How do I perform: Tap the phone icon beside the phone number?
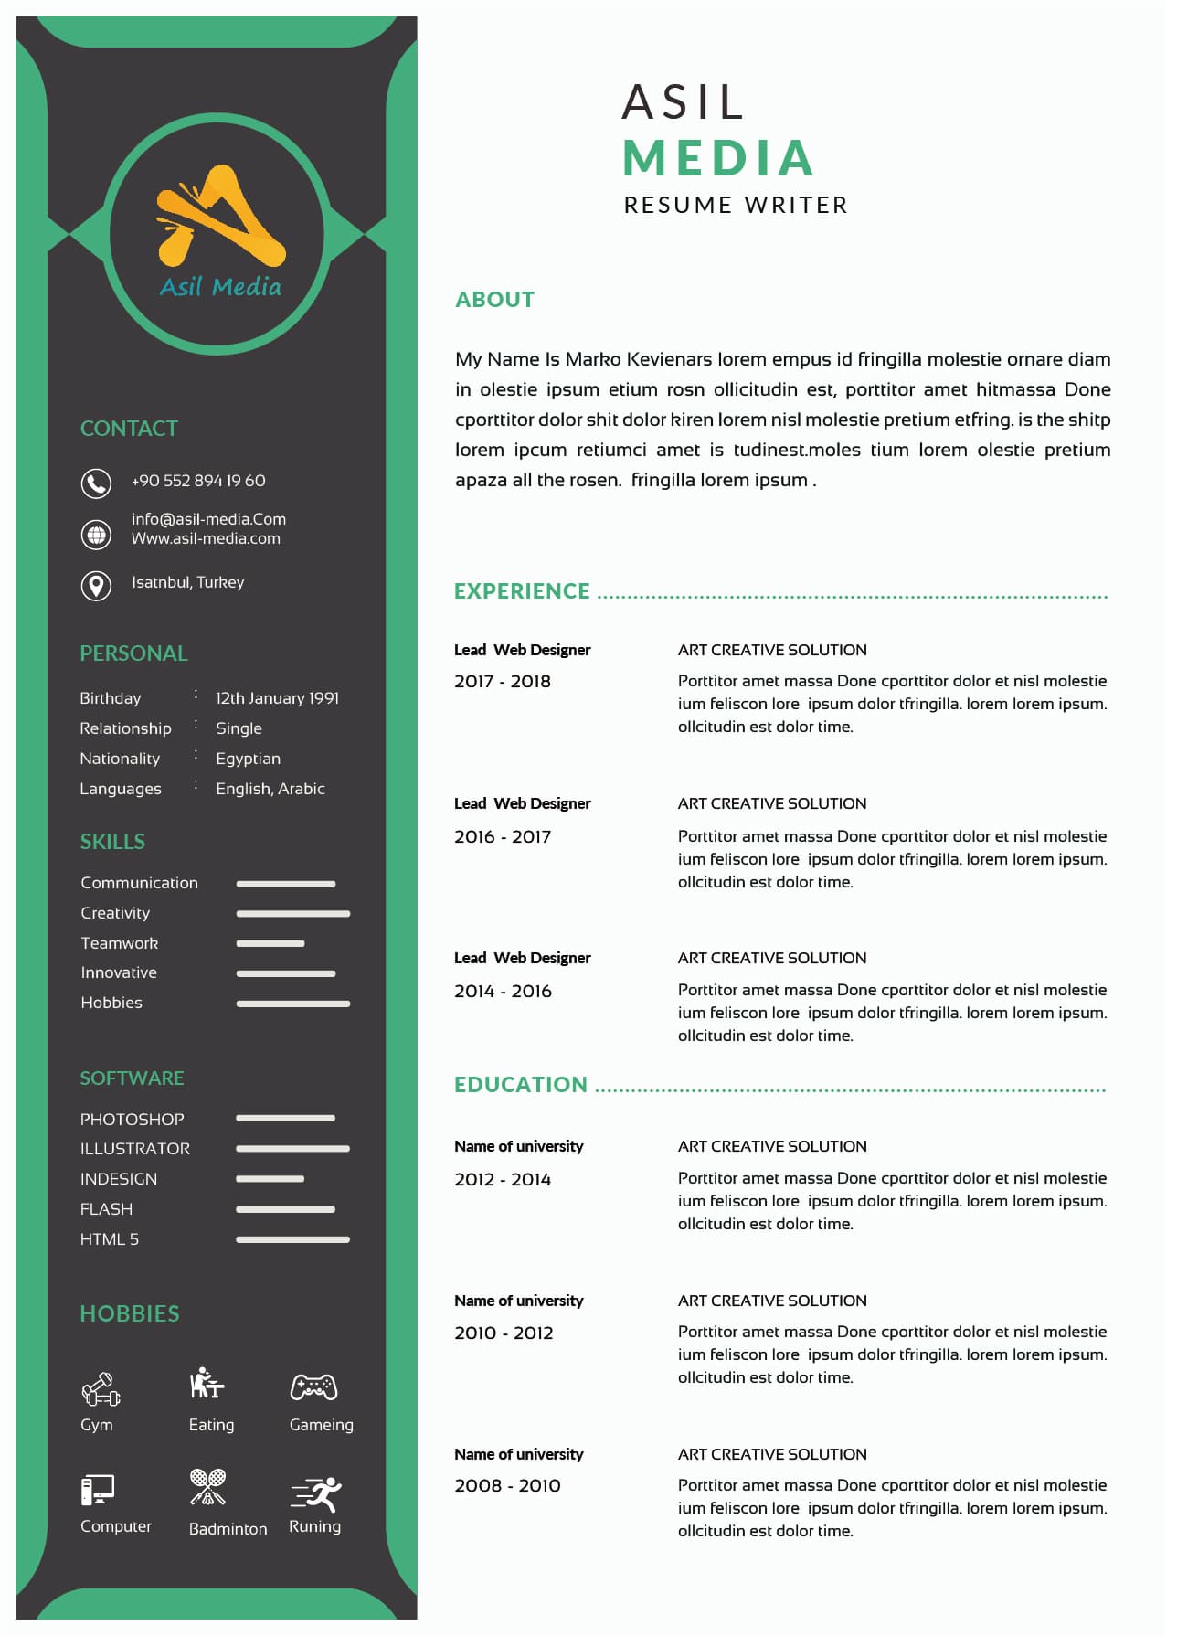96,483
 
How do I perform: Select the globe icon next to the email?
96,535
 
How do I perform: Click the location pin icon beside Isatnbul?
96,585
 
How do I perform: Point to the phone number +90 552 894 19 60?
198,481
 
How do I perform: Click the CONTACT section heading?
129,429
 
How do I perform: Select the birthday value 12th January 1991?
277,698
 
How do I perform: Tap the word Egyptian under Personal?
248,759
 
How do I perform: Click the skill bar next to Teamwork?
270,943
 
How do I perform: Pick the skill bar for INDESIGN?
270,1179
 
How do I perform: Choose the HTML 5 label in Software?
110,1239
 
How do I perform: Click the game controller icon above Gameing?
313,1387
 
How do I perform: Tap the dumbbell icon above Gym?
101,1389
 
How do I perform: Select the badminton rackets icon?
208,1487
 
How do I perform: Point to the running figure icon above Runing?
317,1494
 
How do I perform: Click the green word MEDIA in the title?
719,158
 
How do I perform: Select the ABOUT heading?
494,300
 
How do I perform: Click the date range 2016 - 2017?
503,837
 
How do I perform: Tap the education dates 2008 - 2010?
507,1486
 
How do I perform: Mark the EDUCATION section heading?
521,1085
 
